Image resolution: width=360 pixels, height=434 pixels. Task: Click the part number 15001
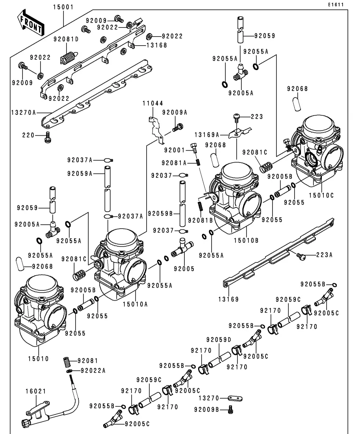(x=63, y=7)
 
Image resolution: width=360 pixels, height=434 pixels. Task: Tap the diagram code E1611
(x=336, y=5)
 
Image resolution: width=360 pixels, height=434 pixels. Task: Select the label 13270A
(x=24, y=113)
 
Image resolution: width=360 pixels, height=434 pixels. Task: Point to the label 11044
(x=153, y=103)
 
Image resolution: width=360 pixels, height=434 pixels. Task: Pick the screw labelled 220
(x=48, y=137)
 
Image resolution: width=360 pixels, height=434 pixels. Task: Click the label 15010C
(x=321, y=196)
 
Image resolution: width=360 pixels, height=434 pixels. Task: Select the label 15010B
(x=246, y=240)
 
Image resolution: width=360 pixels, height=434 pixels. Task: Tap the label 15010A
(x=135, y=304)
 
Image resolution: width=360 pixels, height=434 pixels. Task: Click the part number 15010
(x=38, y=359)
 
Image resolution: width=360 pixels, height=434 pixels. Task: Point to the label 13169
(x=228, y=299)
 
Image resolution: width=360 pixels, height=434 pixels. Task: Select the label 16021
(x=36, y=392)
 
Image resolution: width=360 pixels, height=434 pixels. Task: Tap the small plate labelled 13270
(x=235, y=398)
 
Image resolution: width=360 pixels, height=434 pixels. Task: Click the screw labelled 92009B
(x=230, y=409)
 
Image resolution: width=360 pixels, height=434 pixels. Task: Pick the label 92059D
(x=219, y=340)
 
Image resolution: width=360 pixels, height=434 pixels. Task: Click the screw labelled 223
(x=236, y=117)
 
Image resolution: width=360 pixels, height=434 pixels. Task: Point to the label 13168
(x=157, y=45)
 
